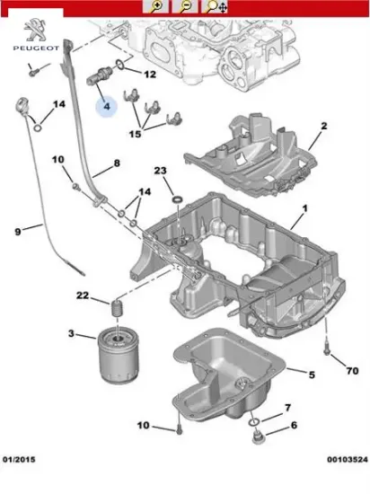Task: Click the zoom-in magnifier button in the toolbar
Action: tap(155, 6)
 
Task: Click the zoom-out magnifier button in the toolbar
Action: tap(185, 6)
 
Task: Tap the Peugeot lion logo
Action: tap(35, 31)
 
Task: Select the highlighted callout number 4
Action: tap(107, 107)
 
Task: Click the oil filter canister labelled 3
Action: tap(118, 356)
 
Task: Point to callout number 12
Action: tap(150, 75)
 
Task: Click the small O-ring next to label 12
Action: tap(119, 65)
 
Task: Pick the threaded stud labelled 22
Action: tap(117, 309)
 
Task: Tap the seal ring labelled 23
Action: tap(178, 199)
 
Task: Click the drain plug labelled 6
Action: tap(259, 437)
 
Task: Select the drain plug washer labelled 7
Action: tap(254, 422)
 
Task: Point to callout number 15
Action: tap(135, 134)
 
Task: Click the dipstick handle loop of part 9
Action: tap(22, 106)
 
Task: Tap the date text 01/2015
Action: tap(19, 460)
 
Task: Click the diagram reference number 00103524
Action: tap(347, 460)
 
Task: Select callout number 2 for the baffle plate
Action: tap(323, 126)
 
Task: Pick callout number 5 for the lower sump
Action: tap(312, 375)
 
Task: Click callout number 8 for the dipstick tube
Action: tap(117, 163)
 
